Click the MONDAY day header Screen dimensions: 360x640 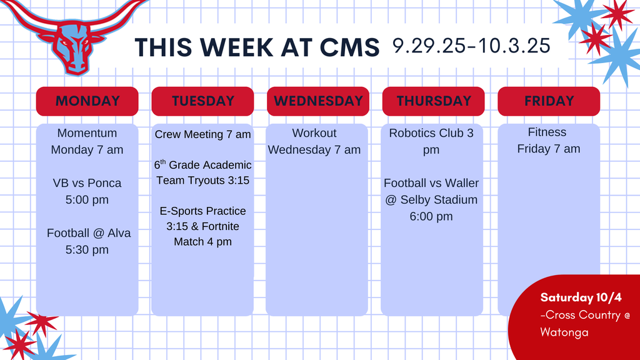[x=87, y=101]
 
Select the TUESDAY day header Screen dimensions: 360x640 [x=202, y=101]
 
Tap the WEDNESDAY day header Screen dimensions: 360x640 [x=317, y=101]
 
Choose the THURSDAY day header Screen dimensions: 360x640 [x=433, y=101]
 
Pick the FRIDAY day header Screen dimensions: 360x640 [x=549, y=101]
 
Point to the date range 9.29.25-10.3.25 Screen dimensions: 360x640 [x=471, y=46]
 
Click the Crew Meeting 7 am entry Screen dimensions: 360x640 [x=202, y=134]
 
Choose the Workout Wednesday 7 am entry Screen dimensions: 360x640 [x=314, y=141]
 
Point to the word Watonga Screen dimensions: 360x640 [x=564, y=332]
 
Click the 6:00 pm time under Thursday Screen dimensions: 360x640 [x=431, y=217]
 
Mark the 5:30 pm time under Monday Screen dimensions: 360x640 [x=87, y=250]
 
